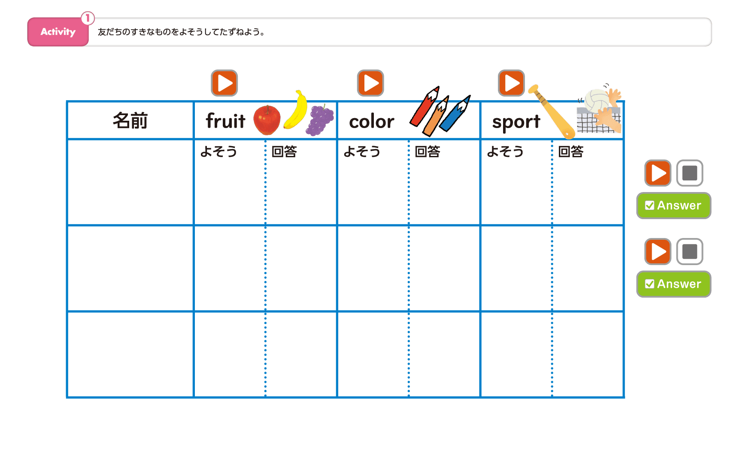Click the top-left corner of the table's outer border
(67, 101)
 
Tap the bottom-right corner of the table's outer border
(624, 397)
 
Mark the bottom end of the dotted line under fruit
(265, 396)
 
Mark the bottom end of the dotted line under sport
(552, 396)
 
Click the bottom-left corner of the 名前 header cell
(67, 139)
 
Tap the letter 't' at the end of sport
(536, 122)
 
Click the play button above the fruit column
(224, 83)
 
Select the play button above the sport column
(511, 83)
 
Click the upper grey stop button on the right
(689, 173)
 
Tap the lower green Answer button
(673, 284)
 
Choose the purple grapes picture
(320, 120)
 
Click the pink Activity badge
(58, 32)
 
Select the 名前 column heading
(130, 120)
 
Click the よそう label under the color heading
(362, 151)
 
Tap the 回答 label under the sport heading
(571, 151)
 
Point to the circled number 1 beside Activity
(88, 18)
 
